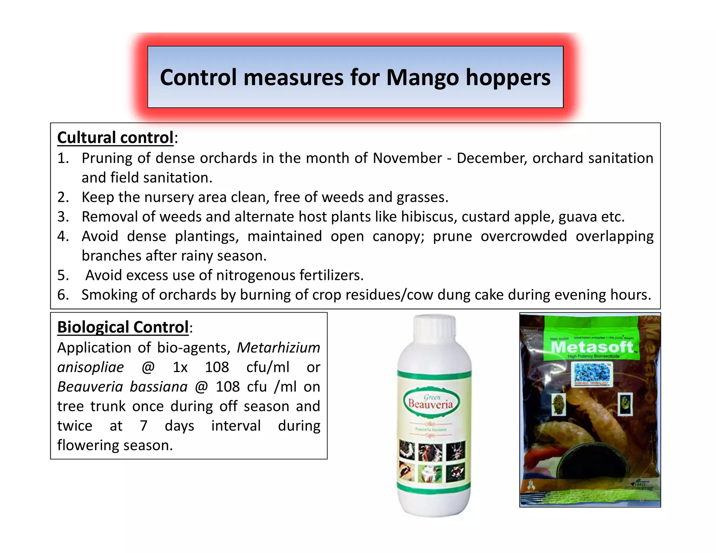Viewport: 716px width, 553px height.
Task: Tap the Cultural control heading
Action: [x=115, y=138]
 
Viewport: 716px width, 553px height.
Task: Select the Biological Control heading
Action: [x=123, y=328]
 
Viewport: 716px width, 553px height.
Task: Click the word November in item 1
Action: [x=407, y=158]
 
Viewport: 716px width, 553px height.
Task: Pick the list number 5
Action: [x=63, y=275]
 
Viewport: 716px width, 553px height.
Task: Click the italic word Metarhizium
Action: [x=278, y=348]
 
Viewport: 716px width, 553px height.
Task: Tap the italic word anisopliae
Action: [x=91, y=367]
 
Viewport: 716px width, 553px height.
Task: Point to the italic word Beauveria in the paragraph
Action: [x=90, y=387]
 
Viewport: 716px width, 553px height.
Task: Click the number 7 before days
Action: [x=143, y=426]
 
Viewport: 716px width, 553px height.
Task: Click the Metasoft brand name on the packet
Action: [x=592, y=347]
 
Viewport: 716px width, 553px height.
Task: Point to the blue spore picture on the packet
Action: [x=592, y=373]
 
